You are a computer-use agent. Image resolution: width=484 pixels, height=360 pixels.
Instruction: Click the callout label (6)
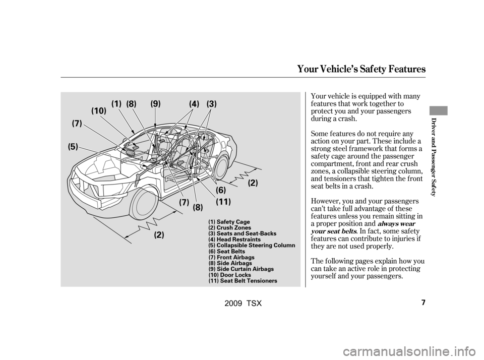click(221, 190)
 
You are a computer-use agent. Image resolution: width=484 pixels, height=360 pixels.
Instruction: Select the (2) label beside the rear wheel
click(253, 184)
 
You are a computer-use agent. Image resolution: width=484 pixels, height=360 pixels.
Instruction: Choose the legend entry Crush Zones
click(229, 228)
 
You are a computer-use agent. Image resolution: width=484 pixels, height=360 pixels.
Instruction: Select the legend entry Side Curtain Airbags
click(240, 269)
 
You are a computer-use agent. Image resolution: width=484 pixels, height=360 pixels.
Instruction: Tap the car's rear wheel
click(221, 166)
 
